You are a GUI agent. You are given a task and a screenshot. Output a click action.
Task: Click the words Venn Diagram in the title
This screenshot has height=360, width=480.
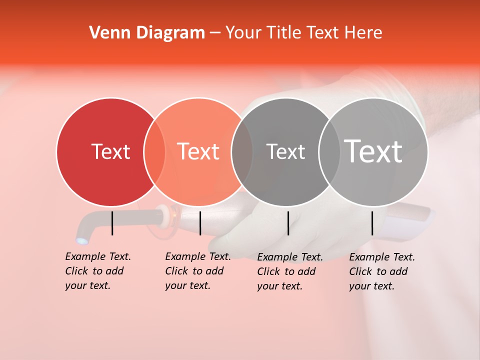tap(146, 33)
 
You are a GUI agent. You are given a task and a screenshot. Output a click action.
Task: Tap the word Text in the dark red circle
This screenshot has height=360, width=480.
tap(110, 151)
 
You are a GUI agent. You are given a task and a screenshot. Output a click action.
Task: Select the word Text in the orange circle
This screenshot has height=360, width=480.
tap(198, 151)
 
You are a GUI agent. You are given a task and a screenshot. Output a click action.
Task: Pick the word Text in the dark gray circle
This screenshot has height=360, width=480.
tap(285, 151)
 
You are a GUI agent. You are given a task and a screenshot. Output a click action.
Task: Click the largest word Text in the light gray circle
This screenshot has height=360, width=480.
tap(373, 151)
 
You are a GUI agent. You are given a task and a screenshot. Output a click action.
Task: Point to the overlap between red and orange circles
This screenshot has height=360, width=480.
tap(154, 152)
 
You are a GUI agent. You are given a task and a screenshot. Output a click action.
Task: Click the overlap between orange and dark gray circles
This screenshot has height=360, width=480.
tap(242, 152)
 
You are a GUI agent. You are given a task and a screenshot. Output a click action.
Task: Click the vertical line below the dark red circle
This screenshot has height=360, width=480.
tap(112, 223)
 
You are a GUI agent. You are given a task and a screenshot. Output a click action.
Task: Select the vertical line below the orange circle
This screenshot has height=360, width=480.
tap(200, 223)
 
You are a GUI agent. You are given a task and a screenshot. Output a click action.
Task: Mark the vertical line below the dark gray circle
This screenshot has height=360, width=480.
tap(288, 223)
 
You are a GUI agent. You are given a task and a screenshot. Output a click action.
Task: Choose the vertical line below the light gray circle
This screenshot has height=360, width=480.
tap(372, 223)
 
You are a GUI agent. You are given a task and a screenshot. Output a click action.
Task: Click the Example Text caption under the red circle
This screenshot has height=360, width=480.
tap(98, 271)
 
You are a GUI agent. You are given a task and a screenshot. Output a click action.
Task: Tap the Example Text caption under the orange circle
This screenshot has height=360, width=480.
tap(198, 271)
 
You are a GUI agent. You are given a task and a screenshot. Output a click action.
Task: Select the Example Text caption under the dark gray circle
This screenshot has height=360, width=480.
tap(290, 271)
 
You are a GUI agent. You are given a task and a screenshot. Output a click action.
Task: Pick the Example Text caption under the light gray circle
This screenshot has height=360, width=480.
tap(382, 271)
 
